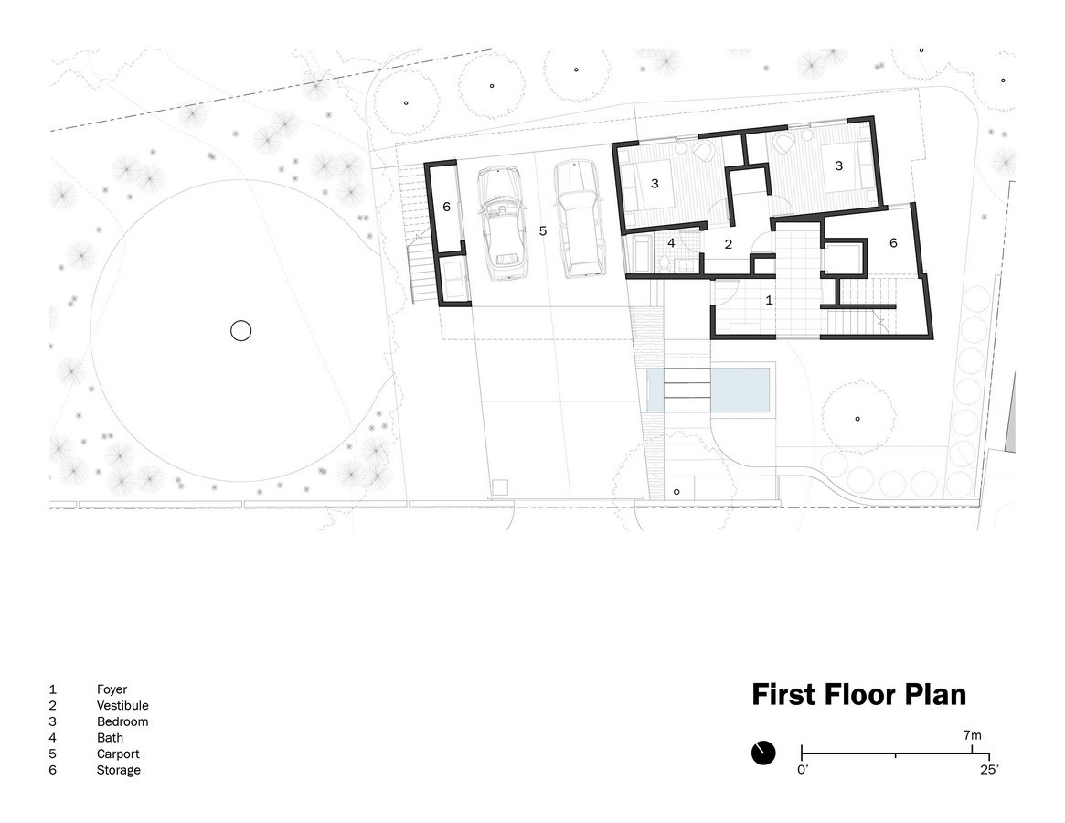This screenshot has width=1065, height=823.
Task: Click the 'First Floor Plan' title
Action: click(858, 695)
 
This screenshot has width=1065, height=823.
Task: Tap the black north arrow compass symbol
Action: click(763, 753)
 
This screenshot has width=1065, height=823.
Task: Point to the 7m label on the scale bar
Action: click(972, 735)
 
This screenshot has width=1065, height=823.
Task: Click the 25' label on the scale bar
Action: click(989, 770)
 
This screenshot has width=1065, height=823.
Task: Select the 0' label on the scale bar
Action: click(803, 770)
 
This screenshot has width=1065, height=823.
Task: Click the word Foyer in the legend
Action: click(112, 689)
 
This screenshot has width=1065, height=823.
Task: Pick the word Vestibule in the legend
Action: click(122, 705)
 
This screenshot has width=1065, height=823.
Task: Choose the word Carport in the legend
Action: click(118, 754)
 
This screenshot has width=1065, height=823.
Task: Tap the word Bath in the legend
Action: click(110, 738)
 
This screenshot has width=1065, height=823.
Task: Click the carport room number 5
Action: click(543, 231)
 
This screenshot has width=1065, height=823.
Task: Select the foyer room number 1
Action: click(769, 300)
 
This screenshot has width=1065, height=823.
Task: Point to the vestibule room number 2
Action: click(728, 244)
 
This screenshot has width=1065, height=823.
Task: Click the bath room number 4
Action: click(671, 242)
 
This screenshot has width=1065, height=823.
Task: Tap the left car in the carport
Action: click(504, 223)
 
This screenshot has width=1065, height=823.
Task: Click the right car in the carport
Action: click(579, 219)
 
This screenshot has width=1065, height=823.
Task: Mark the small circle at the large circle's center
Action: click(241, 331)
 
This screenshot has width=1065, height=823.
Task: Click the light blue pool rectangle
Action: click(708, 390)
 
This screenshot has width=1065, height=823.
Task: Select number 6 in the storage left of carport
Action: click(446, 207)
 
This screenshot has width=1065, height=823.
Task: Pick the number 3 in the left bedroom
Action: click(655, 184)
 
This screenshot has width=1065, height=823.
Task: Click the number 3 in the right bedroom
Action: click(839, 166)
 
